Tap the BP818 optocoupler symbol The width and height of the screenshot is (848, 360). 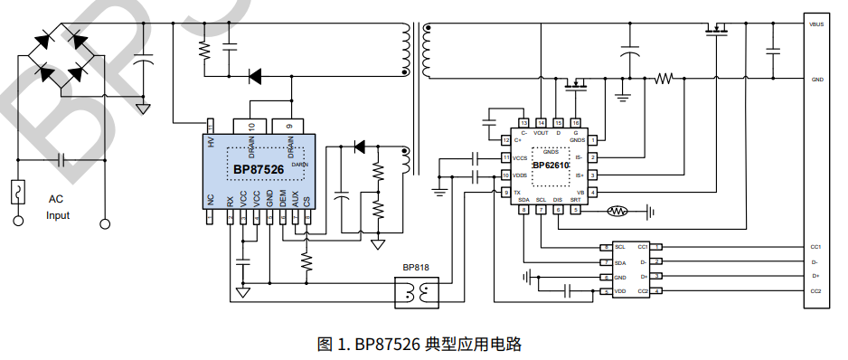[417, 292]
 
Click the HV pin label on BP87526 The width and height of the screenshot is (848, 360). [211, 143]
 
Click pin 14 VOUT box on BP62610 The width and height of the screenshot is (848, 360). [541, 122]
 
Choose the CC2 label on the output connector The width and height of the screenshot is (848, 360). [815, 291]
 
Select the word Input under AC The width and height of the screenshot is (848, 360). [58, 215]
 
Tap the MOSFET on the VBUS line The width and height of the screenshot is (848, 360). [716, 31]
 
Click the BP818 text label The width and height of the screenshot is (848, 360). [416, 269]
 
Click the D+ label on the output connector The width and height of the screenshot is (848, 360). [815, 276]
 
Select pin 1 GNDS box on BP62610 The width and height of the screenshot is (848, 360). [593, 140]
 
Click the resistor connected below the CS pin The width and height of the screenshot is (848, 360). [307, 261]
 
